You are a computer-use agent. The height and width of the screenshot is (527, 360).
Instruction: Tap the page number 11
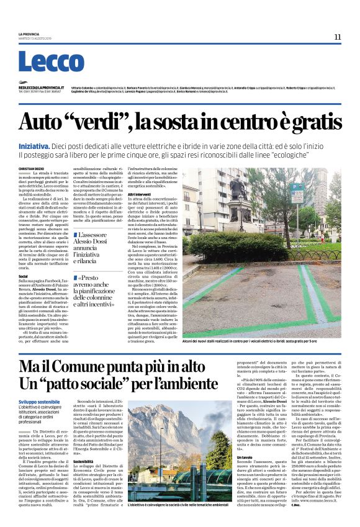[338, 37]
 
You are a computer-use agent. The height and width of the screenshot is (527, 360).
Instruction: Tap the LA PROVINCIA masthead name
[29, 34]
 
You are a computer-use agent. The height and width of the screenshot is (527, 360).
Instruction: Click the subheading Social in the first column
[24, 275]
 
